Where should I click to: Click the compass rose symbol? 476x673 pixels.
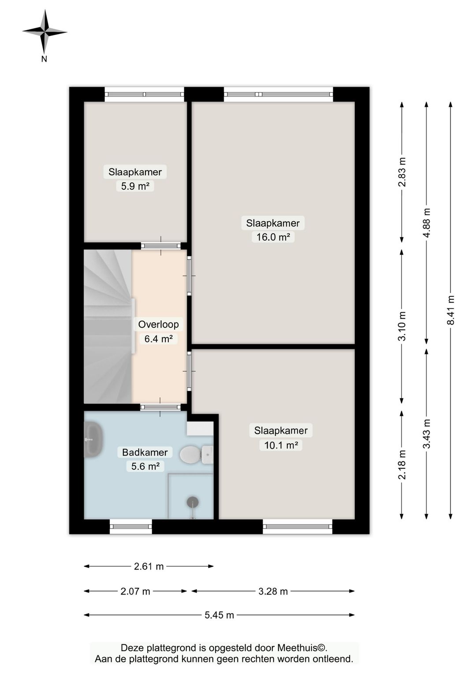45,32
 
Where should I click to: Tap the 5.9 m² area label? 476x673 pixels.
135,186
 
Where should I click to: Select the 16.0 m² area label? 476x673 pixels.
273,237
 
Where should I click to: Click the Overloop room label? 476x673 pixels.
158,325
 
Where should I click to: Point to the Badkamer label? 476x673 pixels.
145,452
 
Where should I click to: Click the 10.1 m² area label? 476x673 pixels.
281,445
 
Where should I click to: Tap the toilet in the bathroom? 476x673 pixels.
197,455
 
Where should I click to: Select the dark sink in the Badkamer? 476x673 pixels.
93,440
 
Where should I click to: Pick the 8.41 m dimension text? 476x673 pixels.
450,310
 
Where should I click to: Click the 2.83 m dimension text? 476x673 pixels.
402,172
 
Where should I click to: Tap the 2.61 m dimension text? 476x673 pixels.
149,566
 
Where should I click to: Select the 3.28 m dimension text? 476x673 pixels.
273,591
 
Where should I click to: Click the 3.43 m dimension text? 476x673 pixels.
427,434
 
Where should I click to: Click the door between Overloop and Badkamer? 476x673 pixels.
160,408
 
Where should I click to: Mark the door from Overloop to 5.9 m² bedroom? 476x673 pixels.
161,246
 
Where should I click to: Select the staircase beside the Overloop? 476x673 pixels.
108,327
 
